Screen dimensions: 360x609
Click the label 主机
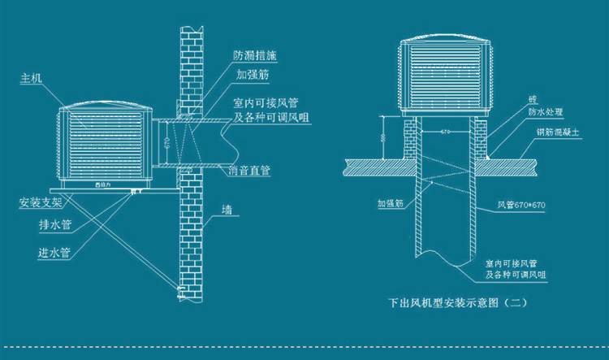(x=31, y=80)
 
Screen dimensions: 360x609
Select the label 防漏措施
(x=252, y=56)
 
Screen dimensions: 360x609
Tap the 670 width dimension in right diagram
(x=445, y=130)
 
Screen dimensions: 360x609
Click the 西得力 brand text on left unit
(x=104, y=184)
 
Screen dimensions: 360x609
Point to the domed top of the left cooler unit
(x=104, y=106)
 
